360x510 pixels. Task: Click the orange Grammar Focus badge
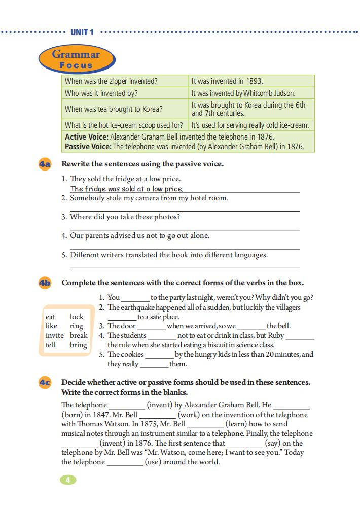tap(77, 59)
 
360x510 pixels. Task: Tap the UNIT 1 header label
tap(82, 32)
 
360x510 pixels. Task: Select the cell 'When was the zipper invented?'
tap(111, 81)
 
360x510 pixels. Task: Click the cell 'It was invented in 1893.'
tap(227, 81)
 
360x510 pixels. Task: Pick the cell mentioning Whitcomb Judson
tap(243, 93)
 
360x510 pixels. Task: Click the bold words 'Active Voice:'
tap(87, 137)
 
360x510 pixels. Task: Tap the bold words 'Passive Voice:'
tap(88, 147)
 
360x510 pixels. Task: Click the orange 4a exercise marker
tap(45, 164)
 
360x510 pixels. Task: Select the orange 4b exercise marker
tap(45, 283)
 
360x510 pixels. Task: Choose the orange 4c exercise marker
tap(45, 382)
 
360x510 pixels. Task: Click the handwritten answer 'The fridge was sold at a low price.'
tap(127, 189)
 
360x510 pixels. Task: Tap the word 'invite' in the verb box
tap(55, 335)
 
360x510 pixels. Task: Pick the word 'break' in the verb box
tap(79, 335)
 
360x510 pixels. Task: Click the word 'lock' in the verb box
tap(77, 317)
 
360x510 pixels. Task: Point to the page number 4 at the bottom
tap(67, 480)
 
